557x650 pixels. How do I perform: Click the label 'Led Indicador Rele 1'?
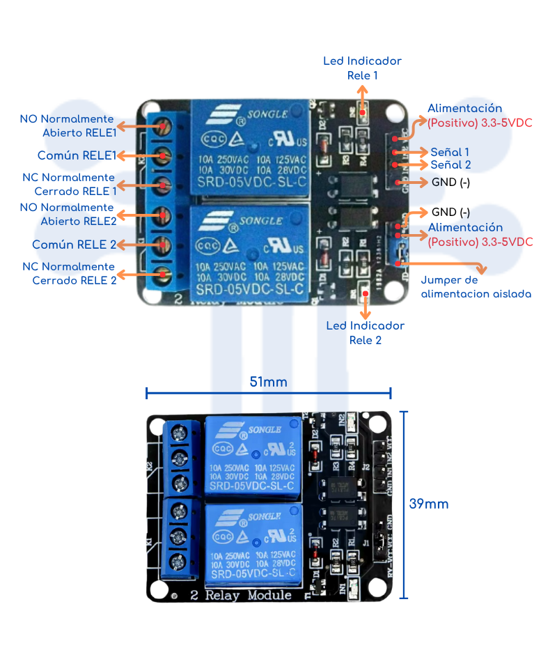pyautogui.click(x=362, y=68)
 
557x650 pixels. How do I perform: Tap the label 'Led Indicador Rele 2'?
pyautogui.click(x=365, y=333)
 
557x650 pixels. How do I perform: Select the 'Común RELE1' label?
pyautogui.click(x=77, y=155)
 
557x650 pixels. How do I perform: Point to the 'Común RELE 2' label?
pyautogui.click(x=74, y=245)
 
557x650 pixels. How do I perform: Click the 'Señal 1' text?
pyautogui.click(x=450, y=152)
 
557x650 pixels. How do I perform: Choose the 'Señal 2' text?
pyautogui.click(x=450, y=165)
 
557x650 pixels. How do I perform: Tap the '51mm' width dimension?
pyautogui.click(x=268, y=382)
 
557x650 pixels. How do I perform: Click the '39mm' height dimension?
pyautogui.click(x=429, y=504)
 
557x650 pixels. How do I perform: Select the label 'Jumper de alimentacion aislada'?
pyautogui.click(x=476, y=287)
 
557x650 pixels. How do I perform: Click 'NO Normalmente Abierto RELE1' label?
pyautogui.click(x=68, y=125)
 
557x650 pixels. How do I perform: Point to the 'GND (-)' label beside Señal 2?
pyautogui.click(x=450, y=183)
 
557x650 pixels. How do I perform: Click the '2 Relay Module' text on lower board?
pyautogui.click(x=240, y=595)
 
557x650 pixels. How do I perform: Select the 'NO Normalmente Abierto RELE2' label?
pyautogui.click(x=67, y=214)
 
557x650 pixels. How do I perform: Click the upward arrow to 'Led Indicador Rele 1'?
pyautogui.click(x=362, y=98)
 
